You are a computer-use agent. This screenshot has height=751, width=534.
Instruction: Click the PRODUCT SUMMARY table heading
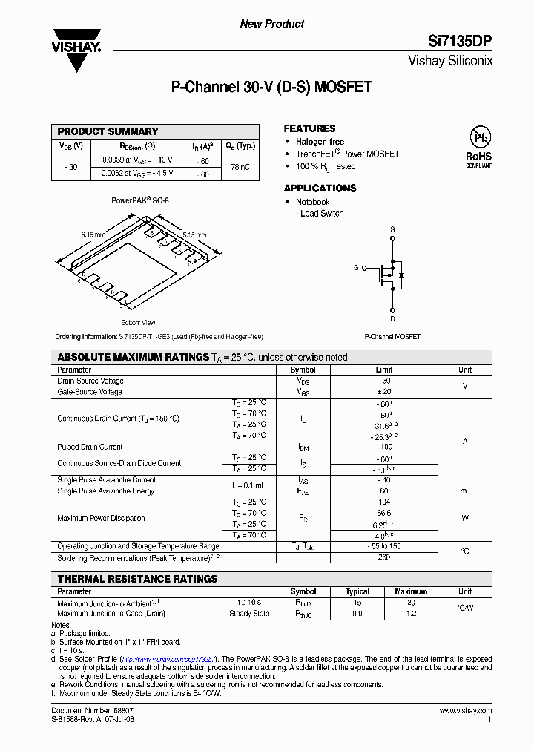tap(108, 131)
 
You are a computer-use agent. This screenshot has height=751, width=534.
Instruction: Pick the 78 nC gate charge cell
tap(240, 167)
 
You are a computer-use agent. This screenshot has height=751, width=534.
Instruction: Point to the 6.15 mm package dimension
tap(93, 234)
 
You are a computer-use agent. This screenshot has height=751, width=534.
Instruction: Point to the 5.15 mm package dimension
tap(194, 234)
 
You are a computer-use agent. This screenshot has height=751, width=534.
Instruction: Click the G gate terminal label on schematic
tap(356, 267)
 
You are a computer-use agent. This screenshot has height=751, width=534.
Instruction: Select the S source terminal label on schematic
tap(392, 230)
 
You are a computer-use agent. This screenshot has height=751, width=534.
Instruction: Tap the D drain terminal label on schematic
tap(392, 319)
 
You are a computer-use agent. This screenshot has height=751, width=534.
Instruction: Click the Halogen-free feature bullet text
tap(320, 142)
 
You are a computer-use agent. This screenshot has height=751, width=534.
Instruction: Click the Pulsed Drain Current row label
tap(90, 447)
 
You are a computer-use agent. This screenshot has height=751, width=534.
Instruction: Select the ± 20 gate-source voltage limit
tap(383, 392)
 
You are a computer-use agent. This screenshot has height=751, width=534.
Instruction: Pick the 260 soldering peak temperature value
tap(383, 557)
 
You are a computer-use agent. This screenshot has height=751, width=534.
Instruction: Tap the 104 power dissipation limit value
tap(383, 502)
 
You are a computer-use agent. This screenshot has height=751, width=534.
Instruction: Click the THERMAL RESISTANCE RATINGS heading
tap(137, 579)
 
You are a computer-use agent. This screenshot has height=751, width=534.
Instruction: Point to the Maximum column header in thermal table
tap(411, 591)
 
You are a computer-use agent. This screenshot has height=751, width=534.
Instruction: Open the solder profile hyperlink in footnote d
tap(168, 659)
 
